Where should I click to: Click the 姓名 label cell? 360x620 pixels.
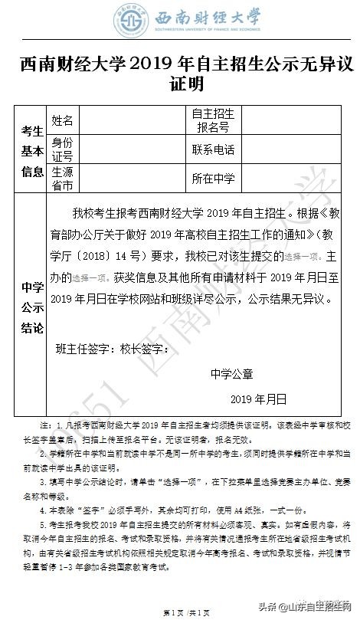(63, 120)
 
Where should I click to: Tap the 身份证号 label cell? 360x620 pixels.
(63, 149)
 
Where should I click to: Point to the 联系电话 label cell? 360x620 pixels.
(214, 149)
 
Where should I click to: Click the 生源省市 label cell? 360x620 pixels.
(63, 179)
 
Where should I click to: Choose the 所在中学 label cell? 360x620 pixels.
(214, 179)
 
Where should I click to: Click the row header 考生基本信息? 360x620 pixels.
(32, 149)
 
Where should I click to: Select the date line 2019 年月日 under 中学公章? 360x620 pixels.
(258, 399)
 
